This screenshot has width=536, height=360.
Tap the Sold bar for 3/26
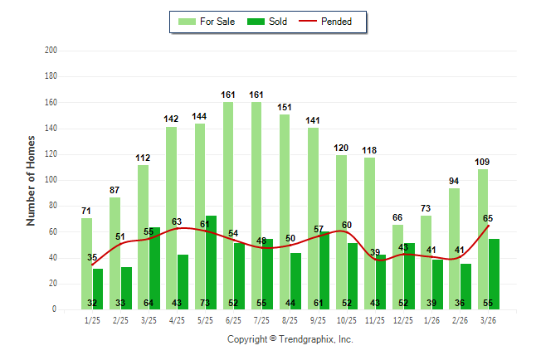(494, 274)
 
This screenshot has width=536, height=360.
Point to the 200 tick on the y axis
(51, 51)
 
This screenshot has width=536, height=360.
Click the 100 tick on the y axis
(51, 180)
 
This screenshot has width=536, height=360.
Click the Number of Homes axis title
(32, 180)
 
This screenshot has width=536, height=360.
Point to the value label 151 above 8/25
(285, 107)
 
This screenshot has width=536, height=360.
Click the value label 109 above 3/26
(482, 162)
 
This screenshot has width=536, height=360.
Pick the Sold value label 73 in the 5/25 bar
(211, 303)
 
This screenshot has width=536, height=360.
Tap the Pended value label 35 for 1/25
(92, 257)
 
